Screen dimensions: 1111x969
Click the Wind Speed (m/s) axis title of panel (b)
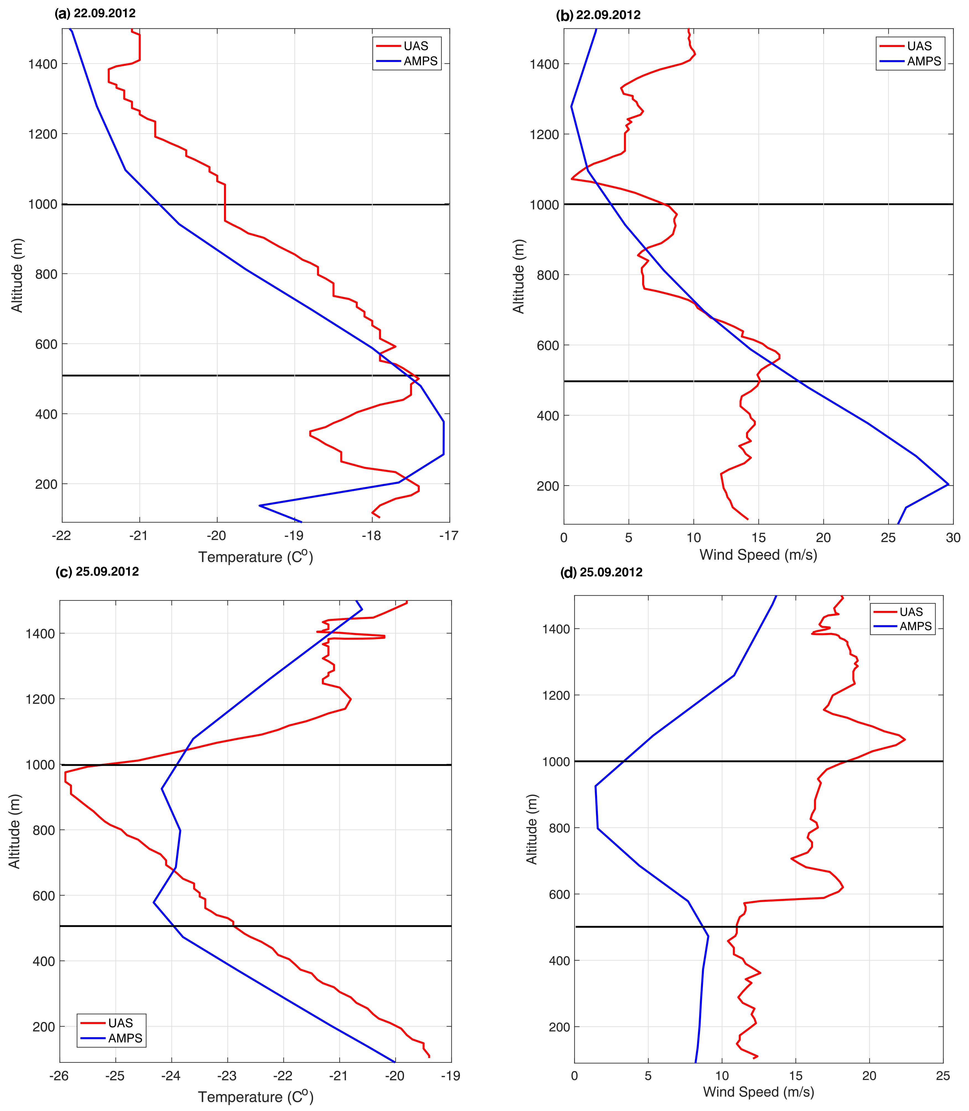point(758,555)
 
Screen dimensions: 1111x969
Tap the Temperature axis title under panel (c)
point(255,1097)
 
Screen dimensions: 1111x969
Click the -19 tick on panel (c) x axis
point(450,1076)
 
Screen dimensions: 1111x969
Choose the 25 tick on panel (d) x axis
point(942,1076)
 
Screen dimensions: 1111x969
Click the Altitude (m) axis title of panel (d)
point(532,829)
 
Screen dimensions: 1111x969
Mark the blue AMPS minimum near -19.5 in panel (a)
point(260,506)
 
